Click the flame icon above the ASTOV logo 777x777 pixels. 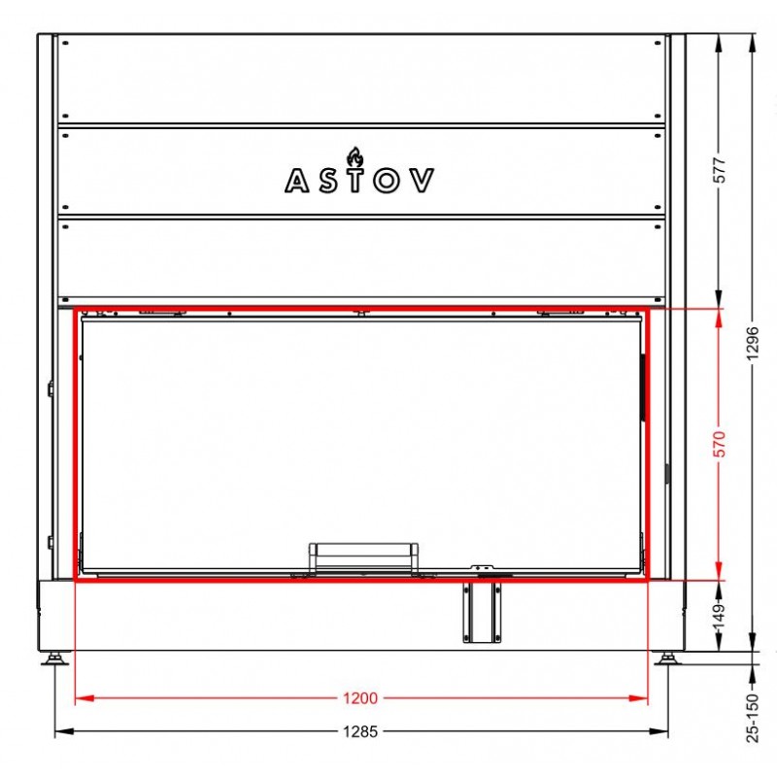(355, 156)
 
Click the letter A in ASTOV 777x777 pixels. (297, 181)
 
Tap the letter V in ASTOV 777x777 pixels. (422, 181)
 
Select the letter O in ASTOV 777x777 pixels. (387, 181)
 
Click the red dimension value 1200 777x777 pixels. (360, 698)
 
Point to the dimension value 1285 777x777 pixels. (360, 731)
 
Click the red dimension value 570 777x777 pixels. (720, 444)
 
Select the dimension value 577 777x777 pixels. (720, 170)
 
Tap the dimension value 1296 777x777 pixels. (753, 344)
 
